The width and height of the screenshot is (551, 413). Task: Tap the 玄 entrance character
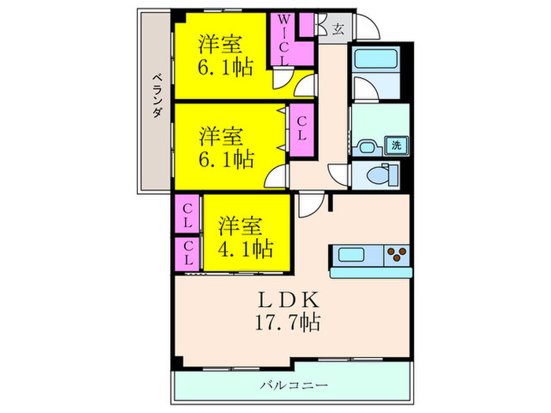[337, 29]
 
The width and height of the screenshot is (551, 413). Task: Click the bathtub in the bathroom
[375, 61]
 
